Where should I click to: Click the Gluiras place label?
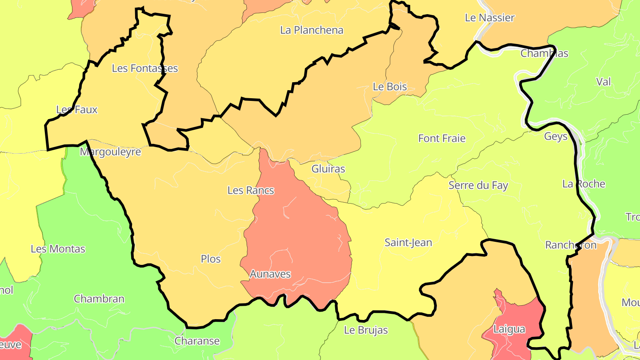click(x=328, y=169)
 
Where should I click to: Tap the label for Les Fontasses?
click(x=145, y=68)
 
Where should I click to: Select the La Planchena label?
click(x=312, y=30)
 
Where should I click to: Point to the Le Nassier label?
click(x=489, y=18)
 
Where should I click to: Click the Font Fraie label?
click(x=442, y=138)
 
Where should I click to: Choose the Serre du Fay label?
click(x=478, y=185)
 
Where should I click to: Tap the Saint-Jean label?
click(x=408, y=243)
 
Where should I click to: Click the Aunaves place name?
click(x=270, y=274)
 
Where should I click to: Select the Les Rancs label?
click(x=251, y=190)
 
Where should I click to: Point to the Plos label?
click(x=211, y=259)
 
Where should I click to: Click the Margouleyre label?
click(x=110, y=152)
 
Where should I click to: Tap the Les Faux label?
click(x=77, y=110)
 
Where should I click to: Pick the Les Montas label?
click(x=58, y=249)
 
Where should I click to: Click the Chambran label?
click(x=99, y=299)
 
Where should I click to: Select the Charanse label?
click(x=197, y=341)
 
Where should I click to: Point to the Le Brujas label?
click(x=366, y=330)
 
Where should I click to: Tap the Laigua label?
click(x=509, y=329)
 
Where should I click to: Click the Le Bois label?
click(x=390, y=87)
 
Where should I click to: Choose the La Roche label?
click(x=584, y=184)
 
